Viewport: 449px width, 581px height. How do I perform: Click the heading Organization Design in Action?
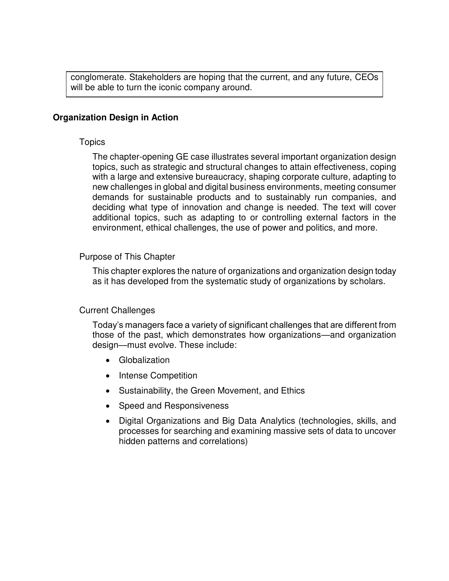[x=115, y=118]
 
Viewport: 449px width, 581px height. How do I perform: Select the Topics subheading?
[x=92, y=142]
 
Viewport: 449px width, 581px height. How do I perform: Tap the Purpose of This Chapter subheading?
[x=127, y=257]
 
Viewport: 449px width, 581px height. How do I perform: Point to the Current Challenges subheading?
[x=117, y=310]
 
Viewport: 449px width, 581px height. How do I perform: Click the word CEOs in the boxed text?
[x=367, y=77]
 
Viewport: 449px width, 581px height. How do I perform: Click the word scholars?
[x=368, y=281]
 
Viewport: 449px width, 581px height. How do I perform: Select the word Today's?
[x=108, y=325]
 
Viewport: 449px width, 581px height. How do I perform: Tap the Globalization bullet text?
[x=144, y=360]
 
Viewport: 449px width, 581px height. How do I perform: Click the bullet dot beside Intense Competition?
[x=109, y=376]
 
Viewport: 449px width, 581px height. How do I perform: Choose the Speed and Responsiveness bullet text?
[x=174, y=406]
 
